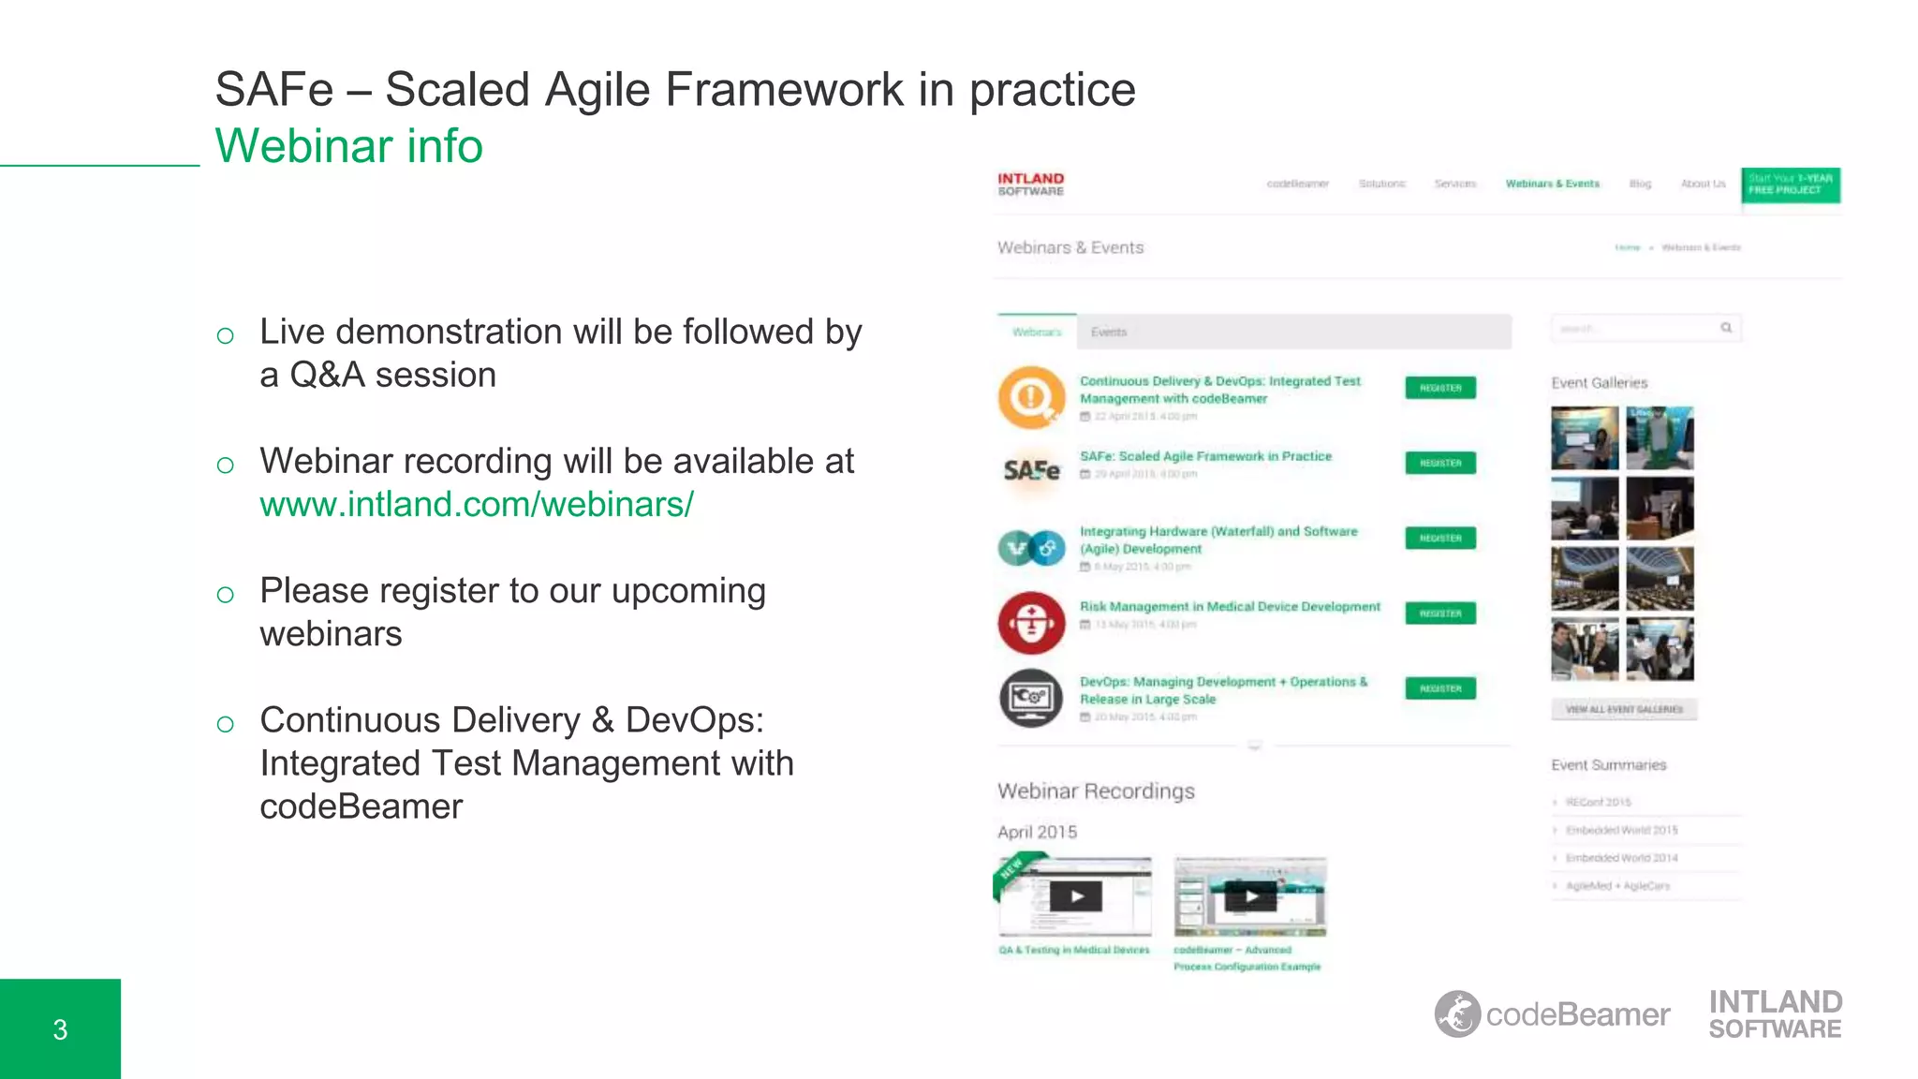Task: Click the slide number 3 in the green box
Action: click(60, 1029)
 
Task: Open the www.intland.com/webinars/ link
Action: click(477, 505)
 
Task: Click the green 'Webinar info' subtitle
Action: click(348, 146)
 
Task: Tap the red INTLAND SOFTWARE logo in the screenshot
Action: click(1030, 185)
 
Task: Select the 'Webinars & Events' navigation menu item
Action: click(1552, 184)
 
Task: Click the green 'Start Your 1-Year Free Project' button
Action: click(1790, 185)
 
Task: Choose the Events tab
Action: click(1109, 333)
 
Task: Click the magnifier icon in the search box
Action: click(1725, 328)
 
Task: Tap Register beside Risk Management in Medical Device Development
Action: click(1439, 613)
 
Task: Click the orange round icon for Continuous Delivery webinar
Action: click(1031, 397)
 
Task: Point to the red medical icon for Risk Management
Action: click(1031, 623)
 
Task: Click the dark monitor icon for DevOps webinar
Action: click(1031, 698)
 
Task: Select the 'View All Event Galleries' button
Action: click(1623, 709)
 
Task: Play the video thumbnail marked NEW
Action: click(1076, 896)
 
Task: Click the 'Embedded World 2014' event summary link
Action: click(1621, 858)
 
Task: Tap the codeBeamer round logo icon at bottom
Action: click(1457, 1014)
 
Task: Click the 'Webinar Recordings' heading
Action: click(1096, 791)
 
